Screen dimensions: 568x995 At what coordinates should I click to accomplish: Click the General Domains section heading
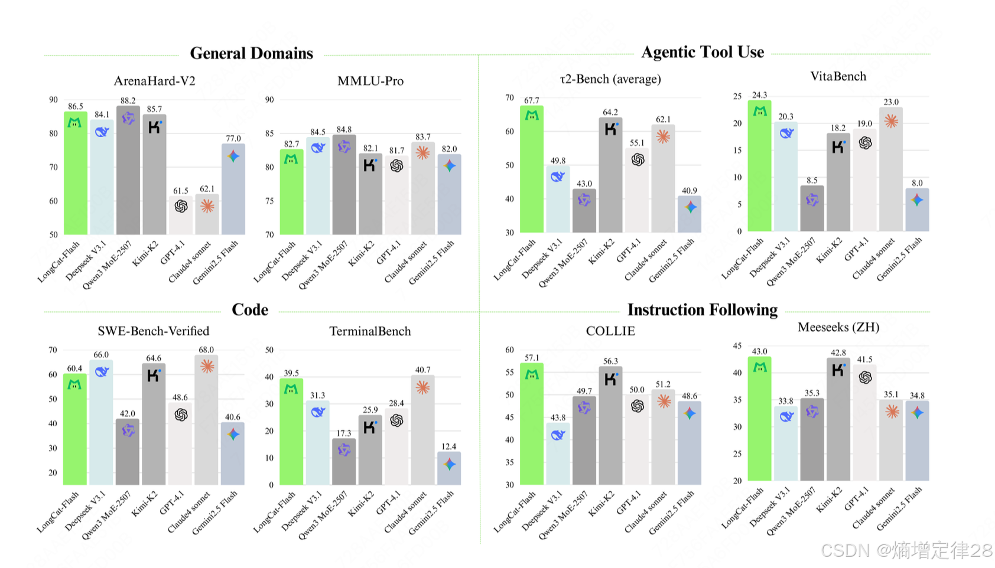(251, 53)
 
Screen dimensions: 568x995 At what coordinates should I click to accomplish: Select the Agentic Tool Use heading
(703, 52)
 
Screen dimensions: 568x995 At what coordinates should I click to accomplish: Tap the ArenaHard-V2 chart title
(154, 81)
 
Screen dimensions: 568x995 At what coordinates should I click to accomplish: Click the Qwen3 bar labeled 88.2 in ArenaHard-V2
(128, 171)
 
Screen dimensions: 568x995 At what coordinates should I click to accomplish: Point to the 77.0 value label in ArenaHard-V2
(233, 138)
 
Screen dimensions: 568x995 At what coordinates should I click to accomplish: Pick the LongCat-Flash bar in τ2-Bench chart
(532, 171)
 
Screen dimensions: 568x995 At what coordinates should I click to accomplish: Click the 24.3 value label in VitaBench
(759, 95)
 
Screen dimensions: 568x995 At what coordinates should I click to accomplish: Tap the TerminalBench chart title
(370, 331)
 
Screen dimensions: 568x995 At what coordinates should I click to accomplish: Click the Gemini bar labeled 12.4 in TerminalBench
(449, 469)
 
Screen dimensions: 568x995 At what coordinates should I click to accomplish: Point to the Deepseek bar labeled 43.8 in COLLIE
(558, 455)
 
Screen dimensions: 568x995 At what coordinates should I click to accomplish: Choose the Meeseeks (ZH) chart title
(838, 327)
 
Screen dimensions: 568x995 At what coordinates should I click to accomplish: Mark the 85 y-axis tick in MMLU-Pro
(269, 133)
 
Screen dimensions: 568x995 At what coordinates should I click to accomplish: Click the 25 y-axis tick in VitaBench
(737, 96)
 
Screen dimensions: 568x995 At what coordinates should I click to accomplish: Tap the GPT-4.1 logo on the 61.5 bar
(181, 206)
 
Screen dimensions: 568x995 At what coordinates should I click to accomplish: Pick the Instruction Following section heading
(703, 310)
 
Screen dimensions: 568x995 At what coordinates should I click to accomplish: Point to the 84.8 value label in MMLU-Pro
(344, 129)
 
